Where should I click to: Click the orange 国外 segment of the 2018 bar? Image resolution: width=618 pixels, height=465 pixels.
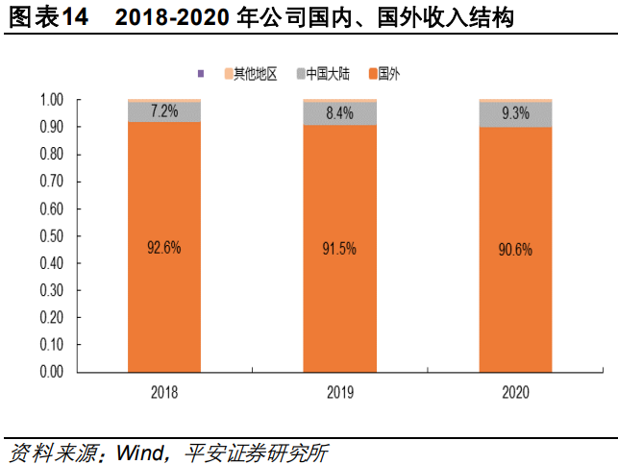(164, 307)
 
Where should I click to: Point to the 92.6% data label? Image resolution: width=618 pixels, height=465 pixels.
(164, 247)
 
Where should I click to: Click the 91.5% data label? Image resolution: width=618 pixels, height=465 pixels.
(339, 248)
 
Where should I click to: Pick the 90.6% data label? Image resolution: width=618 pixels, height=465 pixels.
(515, 248)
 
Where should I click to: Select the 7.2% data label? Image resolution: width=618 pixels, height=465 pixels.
(164, 111)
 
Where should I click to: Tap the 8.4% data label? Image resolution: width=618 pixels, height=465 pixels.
(339, 113)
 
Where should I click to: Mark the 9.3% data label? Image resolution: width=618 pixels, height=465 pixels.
(515, 114)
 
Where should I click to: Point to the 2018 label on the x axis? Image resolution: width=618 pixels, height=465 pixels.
(164, 392)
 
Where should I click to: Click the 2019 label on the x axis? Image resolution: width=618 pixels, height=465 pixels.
(339, 392)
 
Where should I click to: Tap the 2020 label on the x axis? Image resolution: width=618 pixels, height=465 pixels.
(515, 392)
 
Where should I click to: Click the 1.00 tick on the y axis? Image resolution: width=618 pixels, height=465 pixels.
(51, 100)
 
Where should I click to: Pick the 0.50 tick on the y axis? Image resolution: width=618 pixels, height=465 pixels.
(51, 235)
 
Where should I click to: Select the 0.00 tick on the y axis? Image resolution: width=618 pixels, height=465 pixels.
(51, 371)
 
